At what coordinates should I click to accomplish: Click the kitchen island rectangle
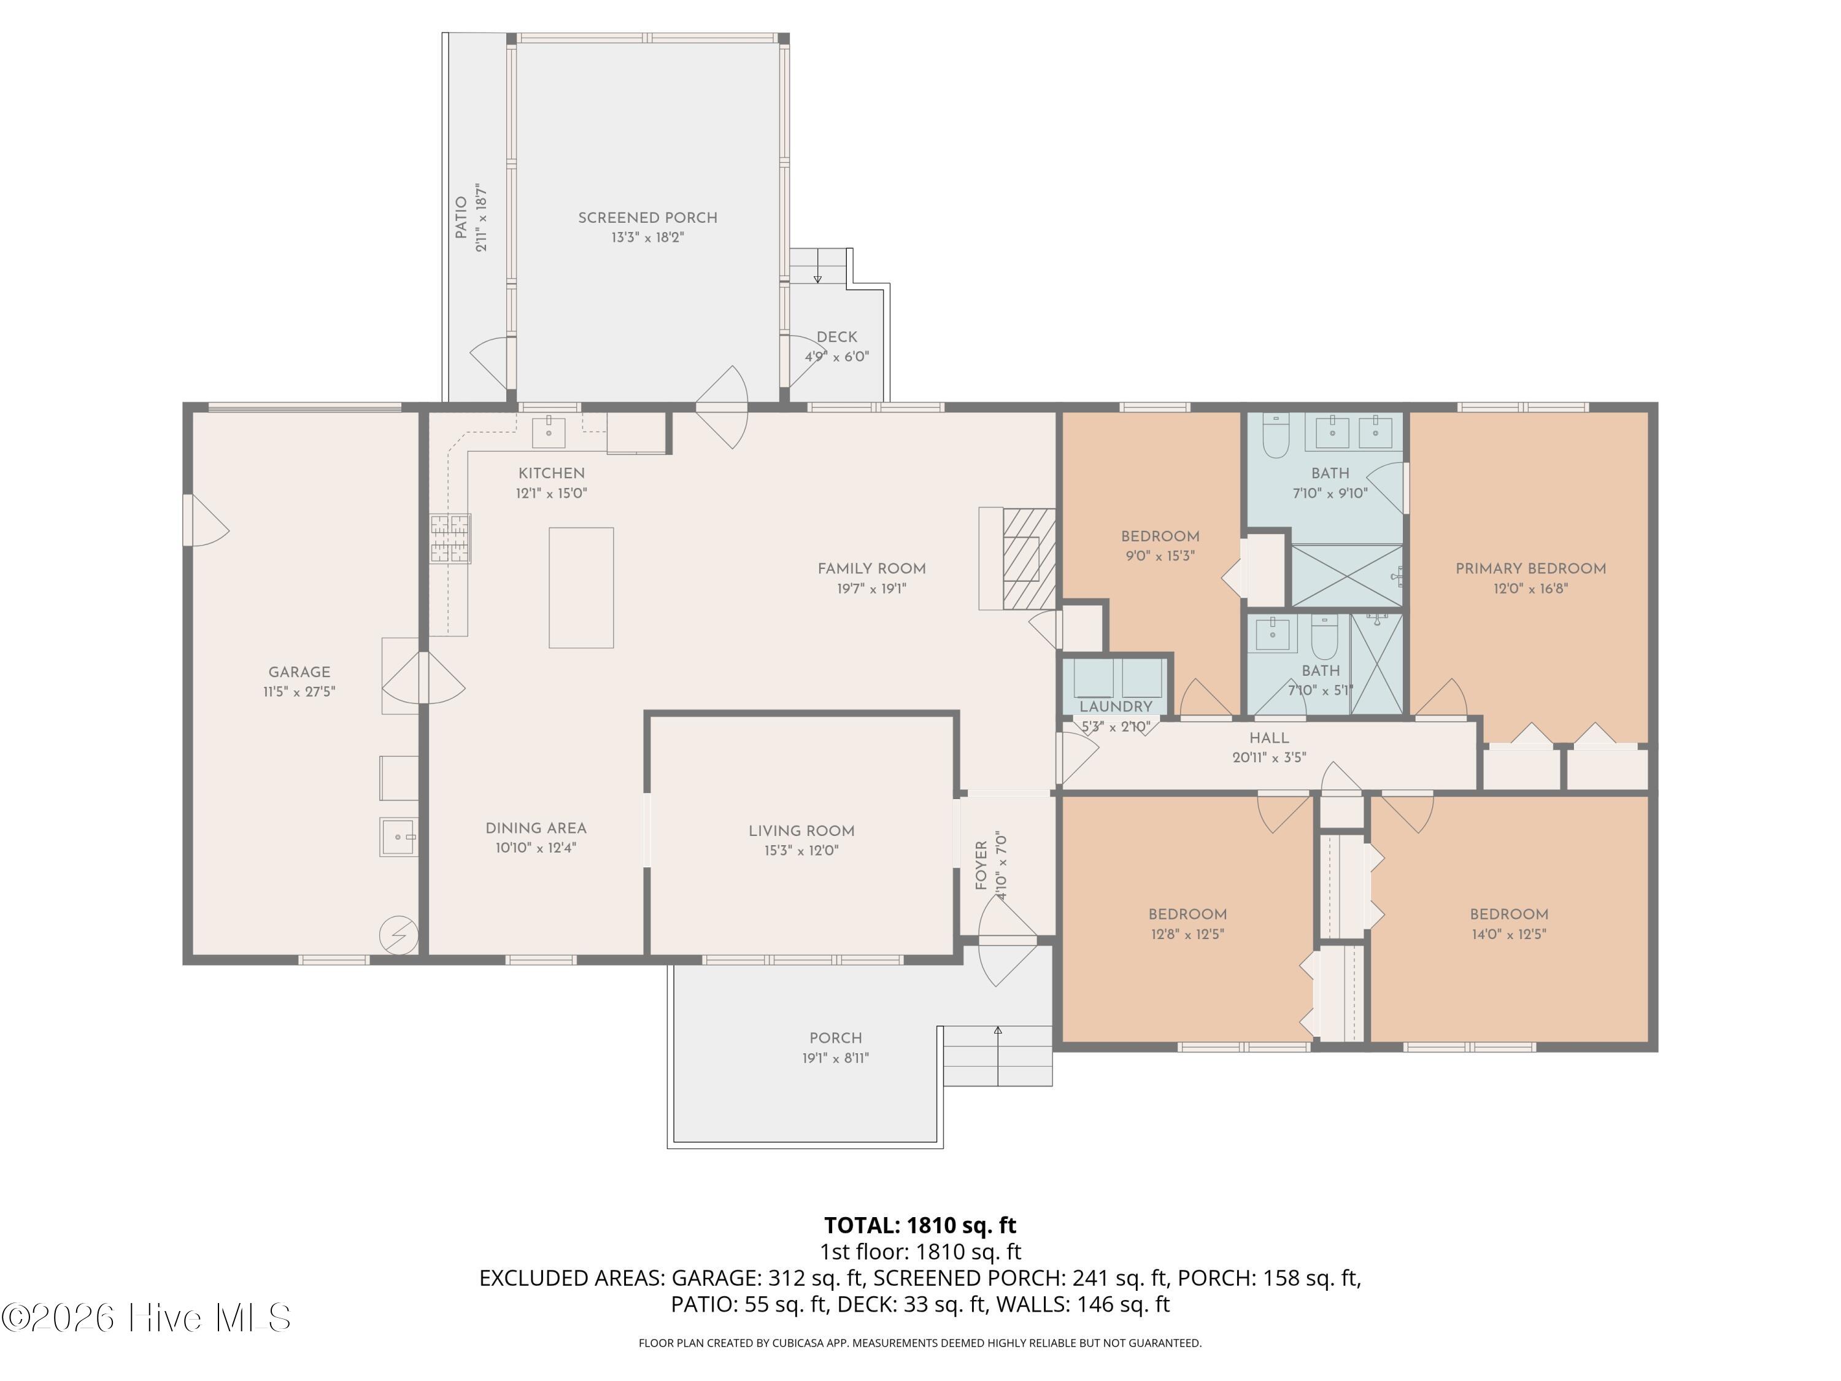(581, 588)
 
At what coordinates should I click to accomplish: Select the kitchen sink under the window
(549, 432)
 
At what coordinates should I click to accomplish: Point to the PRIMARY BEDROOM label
(1530, 568)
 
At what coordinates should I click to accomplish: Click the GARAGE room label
(299, 671)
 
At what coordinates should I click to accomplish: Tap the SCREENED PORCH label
(647, 217)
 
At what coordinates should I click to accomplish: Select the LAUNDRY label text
(1115, 706)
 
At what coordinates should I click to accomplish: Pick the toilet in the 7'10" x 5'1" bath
(1324, 637)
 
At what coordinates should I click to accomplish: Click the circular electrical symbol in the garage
(399, 935)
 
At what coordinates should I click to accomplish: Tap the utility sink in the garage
(399, 837)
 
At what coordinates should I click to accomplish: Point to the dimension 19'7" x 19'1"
(871, 589)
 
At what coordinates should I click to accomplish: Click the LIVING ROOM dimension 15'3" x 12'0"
(801, 850)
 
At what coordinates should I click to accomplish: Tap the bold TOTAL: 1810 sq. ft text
(920, 1225)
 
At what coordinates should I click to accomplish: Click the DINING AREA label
(536, 828)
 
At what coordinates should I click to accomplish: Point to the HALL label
(1268, 738)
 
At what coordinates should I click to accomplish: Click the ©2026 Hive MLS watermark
(147, 1318)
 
